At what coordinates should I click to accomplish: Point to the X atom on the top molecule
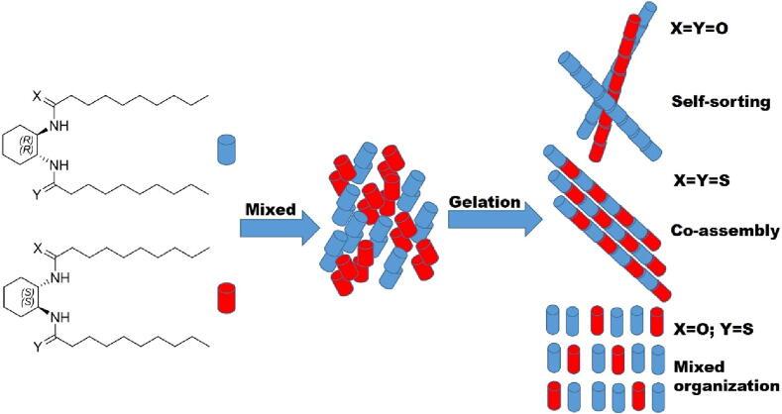click(37, 96)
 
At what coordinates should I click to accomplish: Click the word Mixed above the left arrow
click(265, 209)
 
